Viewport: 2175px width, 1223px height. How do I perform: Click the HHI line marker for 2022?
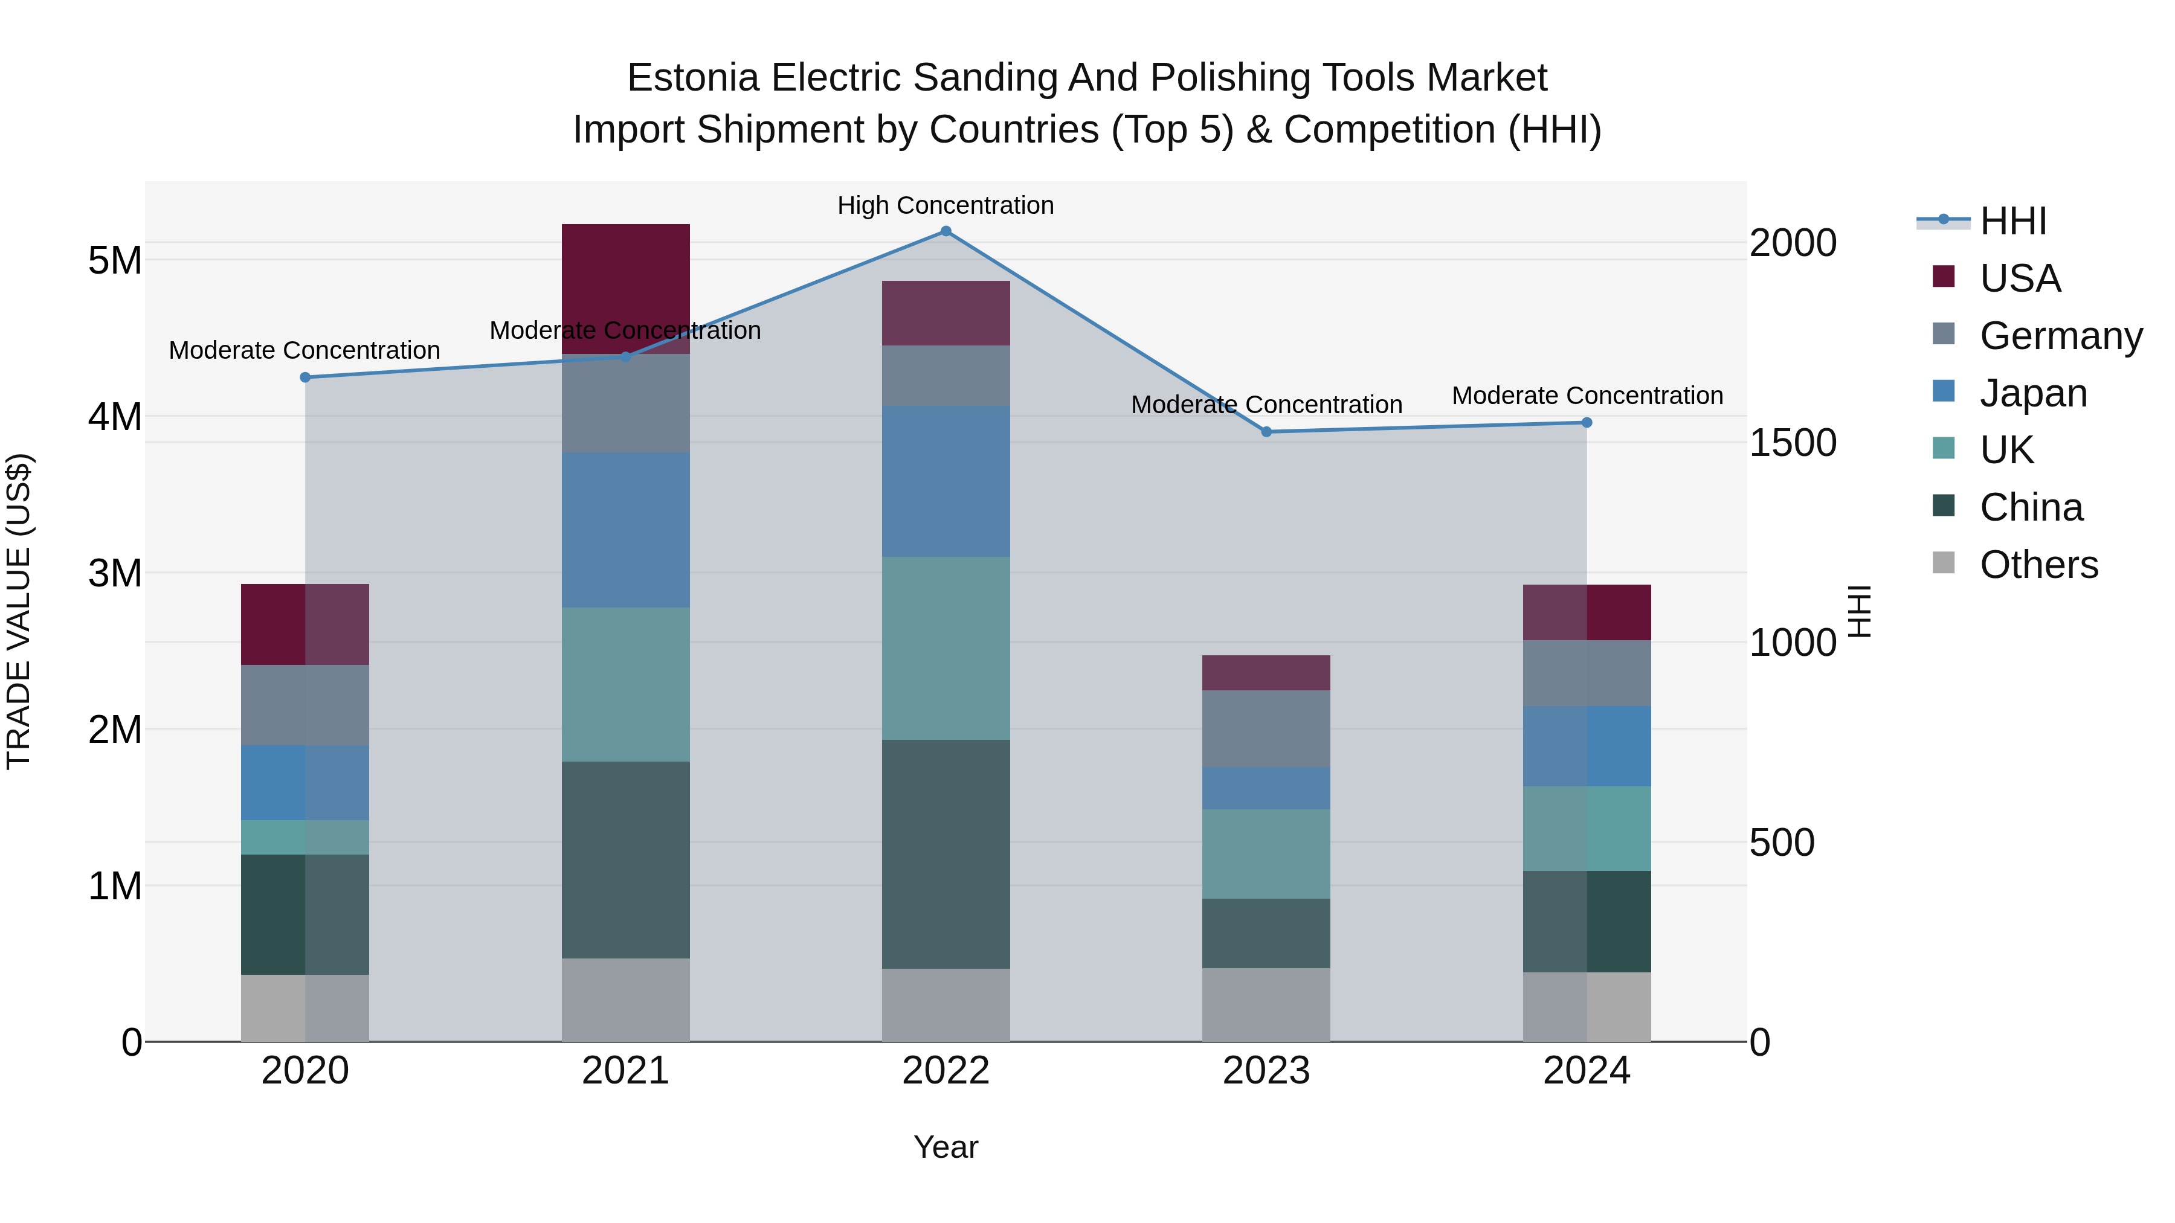tap(946, 231)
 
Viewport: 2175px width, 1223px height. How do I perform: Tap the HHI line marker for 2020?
tap(305, 377)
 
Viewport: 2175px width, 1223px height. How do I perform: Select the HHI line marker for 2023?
tap(1266, 432)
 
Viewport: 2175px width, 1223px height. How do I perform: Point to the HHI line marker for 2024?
tap(1587, 423)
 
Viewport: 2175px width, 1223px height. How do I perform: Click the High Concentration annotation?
tap(946, 205)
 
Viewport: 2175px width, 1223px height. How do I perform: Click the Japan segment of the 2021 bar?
tap(626, 530)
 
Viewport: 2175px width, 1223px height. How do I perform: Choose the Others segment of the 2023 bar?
tap(1266, 1004)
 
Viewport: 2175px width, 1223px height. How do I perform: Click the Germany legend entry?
tap(2060, 336)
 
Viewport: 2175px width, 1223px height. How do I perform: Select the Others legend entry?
tap(2038, 565)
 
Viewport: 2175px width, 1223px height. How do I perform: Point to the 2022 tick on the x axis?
tap(946, 1071)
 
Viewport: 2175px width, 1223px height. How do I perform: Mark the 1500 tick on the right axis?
tap(1793, 443)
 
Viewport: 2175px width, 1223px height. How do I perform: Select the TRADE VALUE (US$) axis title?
tap(19, 612)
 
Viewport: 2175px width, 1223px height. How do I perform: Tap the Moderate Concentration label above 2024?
tap(1587, 395)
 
